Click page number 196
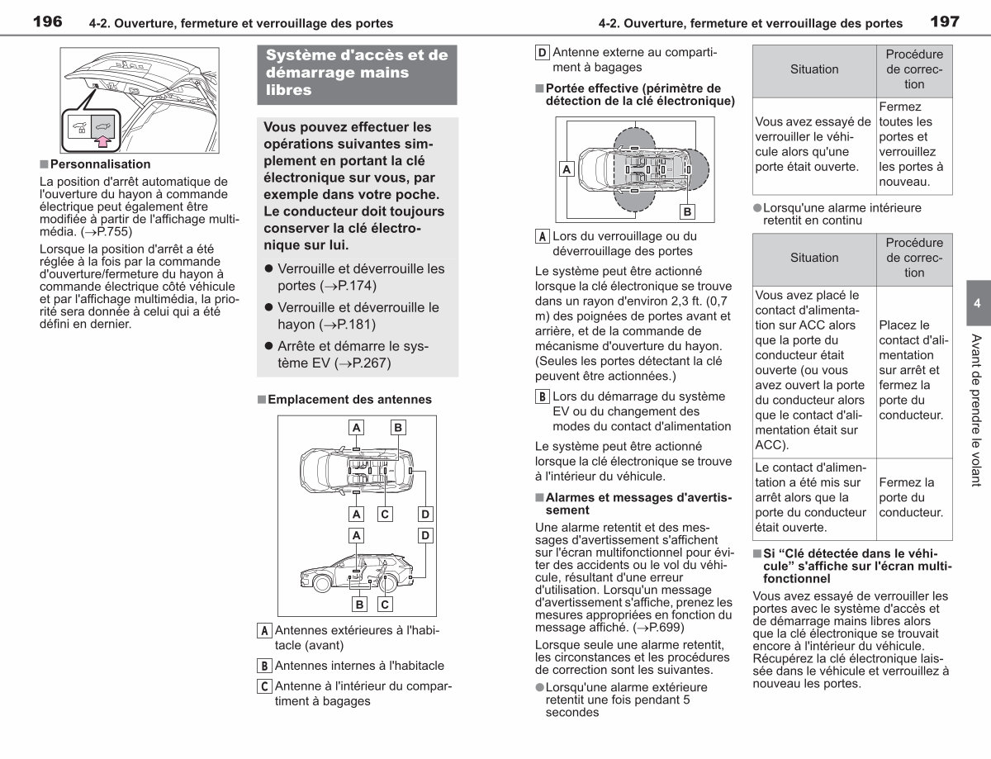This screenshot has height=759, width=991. pos(47,21)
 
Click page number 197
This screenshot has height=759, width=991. pos(945,21)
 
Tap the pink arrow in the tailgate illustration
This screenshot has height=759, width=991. pos(103,141)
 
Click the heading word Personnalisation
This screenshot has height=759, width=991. pos(100,164)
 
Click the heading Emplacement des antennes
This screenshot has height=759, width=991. pos(349,400)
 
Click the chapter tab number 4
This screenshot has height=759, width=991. pos(977,303)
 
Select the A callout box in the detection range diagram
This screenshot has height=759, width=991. pos(567,169)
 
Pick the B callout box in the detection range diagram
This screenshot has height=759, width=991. pos(687,212)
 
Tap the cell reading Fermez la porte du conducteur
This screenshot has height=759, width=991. pos(912,497)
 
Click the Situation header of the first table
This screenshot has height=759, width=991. pos(814,69)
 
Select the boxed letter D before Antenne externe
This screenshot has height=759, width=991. pos(542,53)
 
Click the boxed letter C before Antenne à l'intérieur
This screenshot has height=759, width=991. pos(264,686)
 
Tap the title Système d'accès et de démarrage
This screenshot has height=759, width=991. pos(357,73)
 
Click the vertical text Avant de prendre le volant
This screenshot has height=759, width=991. pos(976,410)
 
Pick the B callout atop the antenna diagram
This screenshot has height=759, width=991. pos(398,428)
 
